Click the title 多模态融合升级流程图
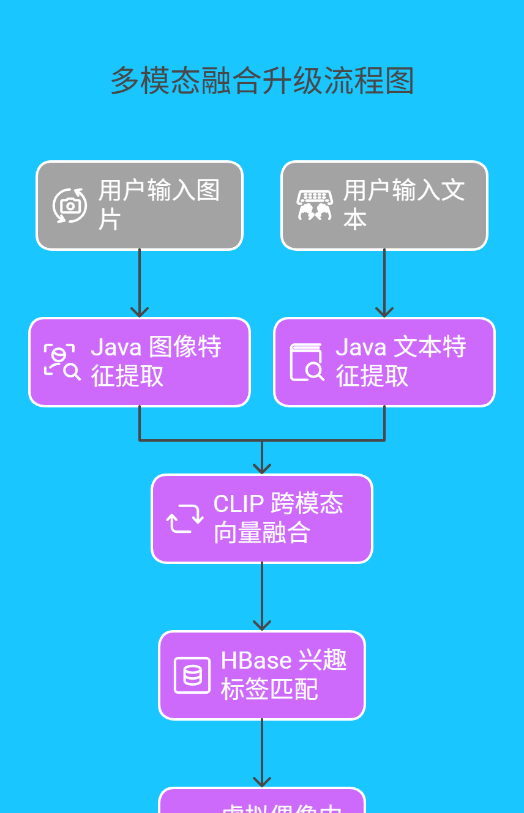[262, 81]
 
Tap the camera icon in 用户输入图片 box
[70, 206]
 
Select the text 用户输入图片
[159, 205]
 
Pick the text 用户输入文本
[403, 205]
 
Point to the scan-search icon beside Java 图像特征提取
[62, 362]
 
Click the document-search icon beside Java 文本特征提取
[307, 362]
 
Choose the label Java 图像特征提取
[155, 362]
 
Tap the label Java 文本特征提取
[400, 362]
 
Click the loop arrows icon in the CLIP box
[185, 519]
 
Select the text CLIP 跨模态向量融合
[278, 518]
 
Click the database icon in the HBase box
[192, 675]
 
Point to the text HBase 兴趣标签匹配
[283, 675]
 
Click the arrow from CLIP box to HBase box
[262, 596]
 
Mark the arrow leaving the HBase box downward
[262, 753]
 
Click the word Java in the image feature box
[116, 347]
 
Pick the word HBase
[256, 661]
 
